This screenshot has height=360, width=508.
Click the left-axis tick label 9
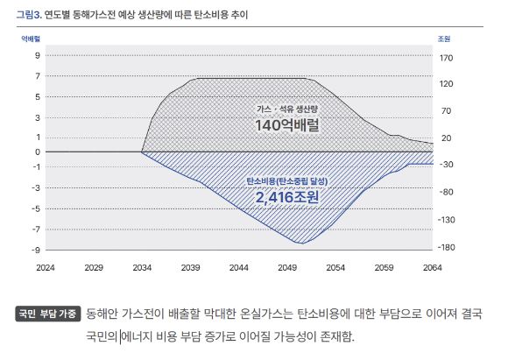pyautogui.click(x=38, y=55)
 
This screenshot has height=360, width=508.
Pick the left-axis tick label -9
pyautogui.click(x=36, y=251)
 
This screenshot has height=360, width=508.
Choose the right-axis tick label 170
pyautogui.click(x=446, y=59)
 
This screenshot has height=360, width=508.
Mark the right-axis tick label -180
pyautogui.click(x=446, y=247)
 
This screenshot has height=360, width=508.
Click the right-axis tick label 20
pyautogui.click(x=445, y=138)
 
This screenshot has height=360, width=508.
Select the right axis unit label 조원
pyautogui.click(x=444, y=39)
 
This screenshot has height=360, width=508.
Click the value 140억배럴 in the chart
pyautogui.click(x=286, y=125)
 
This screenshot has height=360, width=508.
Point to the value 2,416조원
pyautogui.click(x=287, y=197)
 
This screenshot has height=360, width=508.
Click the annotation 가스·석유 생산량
pyautogui.click(x=287, y=108)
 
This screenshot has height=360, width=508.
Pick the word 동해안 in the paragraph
pyautogui.click(x=105, y=314)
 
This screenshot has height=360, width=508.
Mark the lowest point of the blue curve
pyautogui.click(x=303, y=243)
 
